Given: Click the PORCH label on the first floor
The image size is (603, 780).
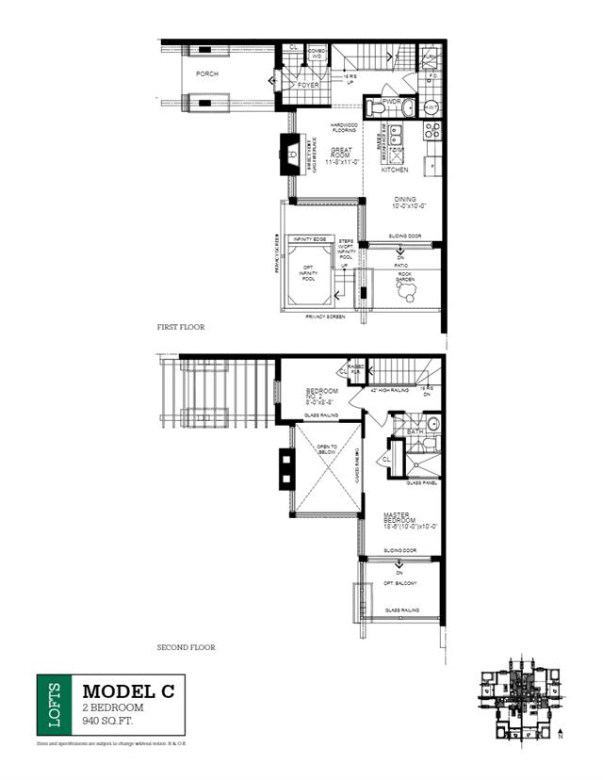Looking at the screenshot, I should click(x=206, y=73).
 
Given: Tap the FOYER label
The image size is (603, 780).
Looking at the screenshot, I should click(x=307, y=86).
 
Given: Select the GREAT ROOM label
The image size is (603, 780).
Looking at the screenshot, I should click(x=341, y=155).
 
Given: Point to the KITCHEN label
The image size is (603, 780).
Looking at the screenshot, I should click(x=394, y=171).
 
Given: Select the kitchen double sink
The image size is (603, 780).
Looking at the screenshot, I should click(x=397, y=151).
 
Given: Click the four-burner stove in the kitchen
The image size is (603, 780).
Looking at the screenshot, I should click(x=433, y=134).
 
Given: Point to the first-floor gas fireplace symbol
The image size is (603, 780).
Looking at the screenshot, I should click(x=288, y=150).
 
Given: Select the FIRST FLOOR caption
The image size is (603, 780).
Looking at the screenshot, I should click(x=181, y=327).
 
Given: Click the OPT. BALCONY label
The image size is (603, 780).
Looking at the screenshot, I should click(x=399, y=584).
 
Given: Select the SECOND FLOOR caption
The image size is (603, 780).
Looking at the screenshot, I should click(x=186, y=647).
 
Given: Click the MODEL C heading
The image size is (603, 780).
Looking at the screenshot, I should click(x=127, y=691).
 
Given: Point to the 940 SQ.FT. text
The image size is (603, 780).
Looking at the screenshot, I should click(x=109, y=721).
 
